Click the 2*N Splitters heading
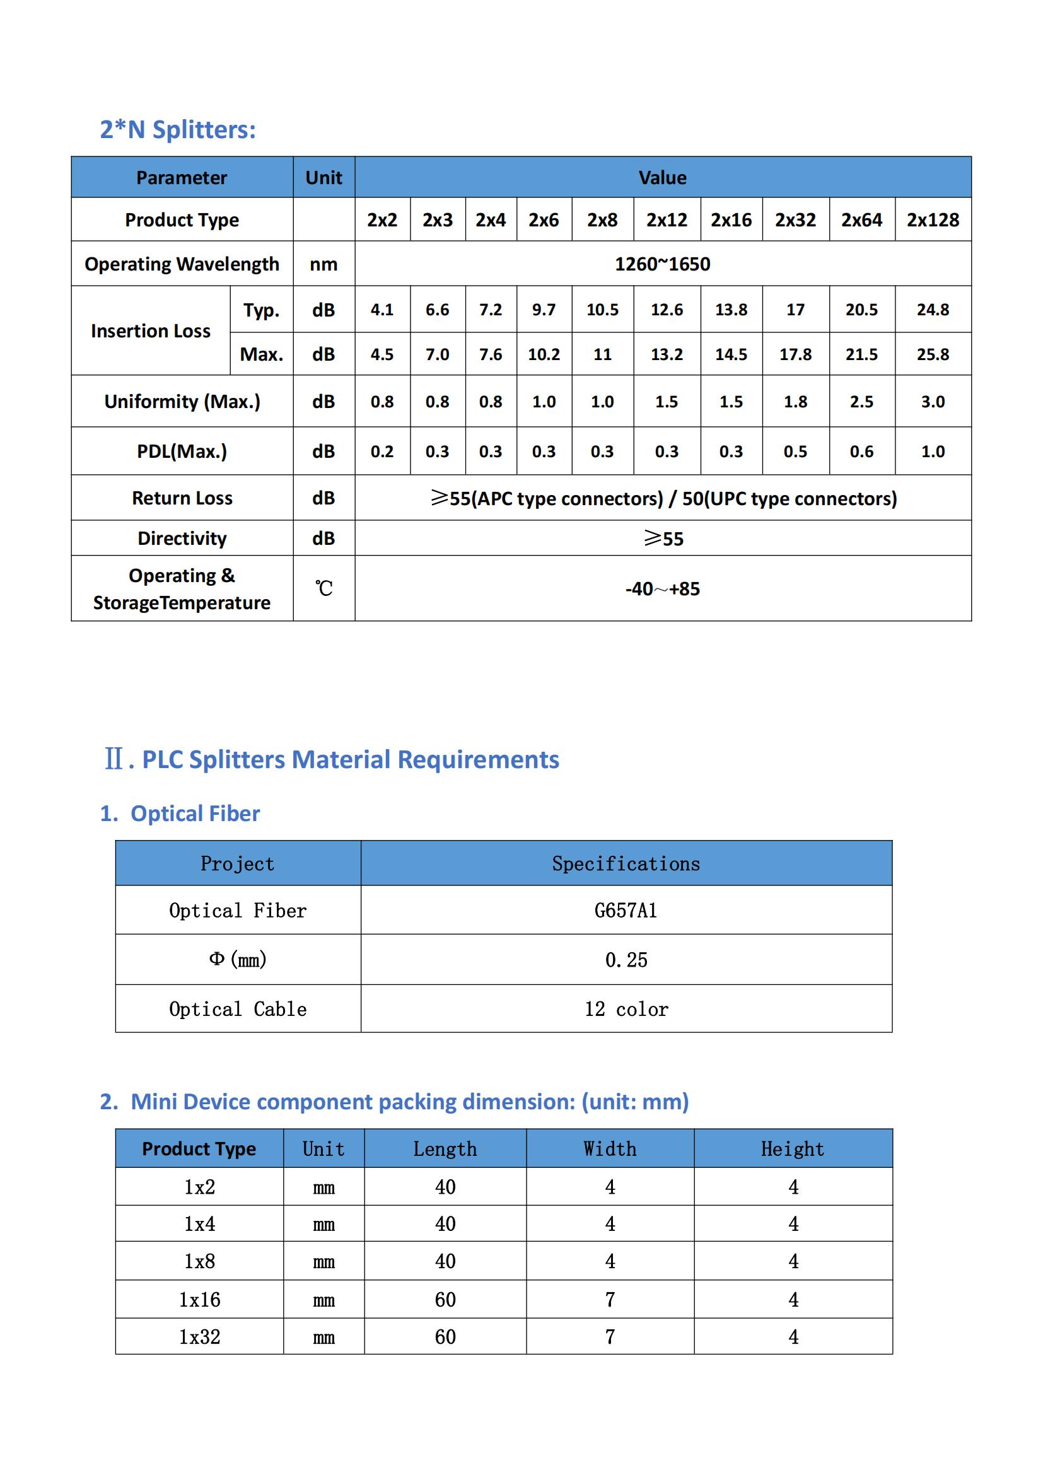[177, 130]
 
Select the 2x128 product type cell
[932, 220]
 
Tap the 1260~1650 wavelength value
[662, 264]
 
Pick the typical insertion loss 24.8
[932, 310]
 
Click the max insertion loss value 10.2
[544, 354]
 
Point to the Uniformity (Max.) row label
[182, 402]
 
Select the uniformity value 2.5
[861, 402]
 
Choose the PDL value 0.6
[861, 452]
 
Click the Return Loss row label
[182, 498]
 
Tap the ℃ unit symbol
[323, 588]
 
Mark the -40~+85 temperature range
[662, 588]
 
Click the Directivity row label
[182, 539]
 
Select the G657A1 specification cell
[626, 911]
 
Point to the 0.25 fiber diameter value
[626, 960]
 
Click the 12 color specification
[626, 1009]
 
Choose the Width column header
[610, 1148]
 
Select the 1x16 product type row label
[199, 1300]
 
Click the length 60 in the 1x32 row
[445, 1337]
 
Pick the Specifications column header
[626, 863]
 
